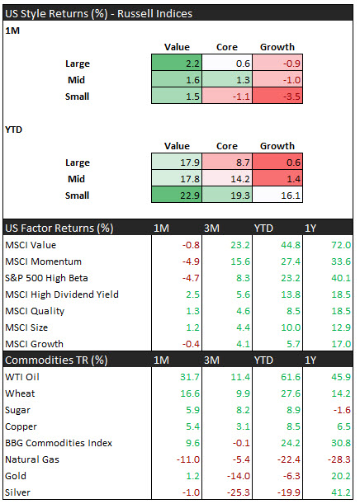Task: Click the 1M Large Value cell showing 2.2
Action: (177, 63)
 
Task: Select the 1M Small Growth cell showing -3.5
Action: (277, 96)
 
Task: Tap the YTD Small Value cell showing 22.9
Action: (177, 195)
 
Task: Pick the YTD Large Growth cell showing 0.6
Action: (277, 162)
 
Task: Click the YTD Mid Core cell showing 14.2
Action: (227, 178)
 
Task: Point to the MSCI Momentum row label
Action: (44, 261)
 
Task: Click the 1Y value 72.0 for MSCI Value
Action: (341, 245)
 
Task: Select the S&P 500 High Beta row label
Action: (46, 278)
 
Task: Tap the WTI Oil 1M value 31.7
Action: (190, 377)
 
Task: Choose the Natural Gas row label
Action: (32, 459)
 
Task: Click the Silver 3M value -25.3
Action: (239, 492)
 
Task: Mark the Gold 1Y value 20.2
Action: (341, 476)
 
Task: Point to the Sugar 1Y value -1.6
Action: (343, 410)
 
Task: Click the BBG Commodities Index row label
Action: (59, 443)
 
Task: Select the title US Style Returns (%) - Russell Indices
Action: (98, 14)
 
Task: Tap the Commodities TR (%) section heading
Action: (56, 360)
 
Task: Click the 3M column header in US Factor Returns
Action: (211, 228)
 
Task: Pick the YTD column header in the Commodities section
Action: (263, 360)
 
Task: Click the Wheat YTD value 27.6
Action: (291, 393)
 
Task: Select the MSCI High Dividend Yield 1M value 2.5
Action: (192, 294)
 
